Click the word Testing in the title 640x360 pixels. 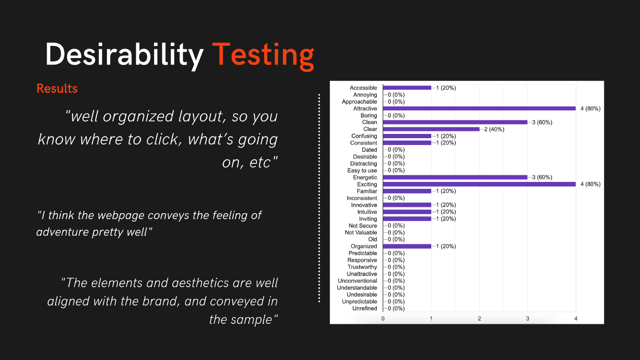click(x=263, y=56)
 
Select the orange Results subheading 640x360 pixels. click(x=57, y=88)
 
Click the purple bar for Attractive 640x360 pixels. click(x=479, y=108)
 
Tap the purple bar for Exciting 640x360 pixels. click(x=479, y=184)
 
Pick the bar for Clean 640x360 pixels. click(x=455, y=122)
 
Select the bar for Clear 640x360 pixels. click(x=431, y=129)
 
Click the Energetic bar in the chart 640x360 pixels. click(x=455, y=177)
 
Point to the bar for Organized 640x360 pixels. click(x=407, y=246)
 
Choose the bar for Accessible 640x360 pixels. click(x=407, y=88)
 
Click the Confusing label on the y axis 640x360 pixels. click(x=364, y=136)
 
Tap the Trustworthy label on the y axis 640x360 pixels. click(x=362, y=267)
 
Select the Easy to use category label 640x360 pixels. click(x=362, y=171)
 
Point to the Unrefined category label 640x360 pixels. click(x=365, y=308)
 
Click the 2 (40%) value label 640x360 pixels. click(x=494, y=129)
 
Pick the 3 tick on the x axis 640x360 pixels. click(x=528, y=318)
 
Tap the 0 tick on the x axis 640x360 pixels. click(x=383, y=318)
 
